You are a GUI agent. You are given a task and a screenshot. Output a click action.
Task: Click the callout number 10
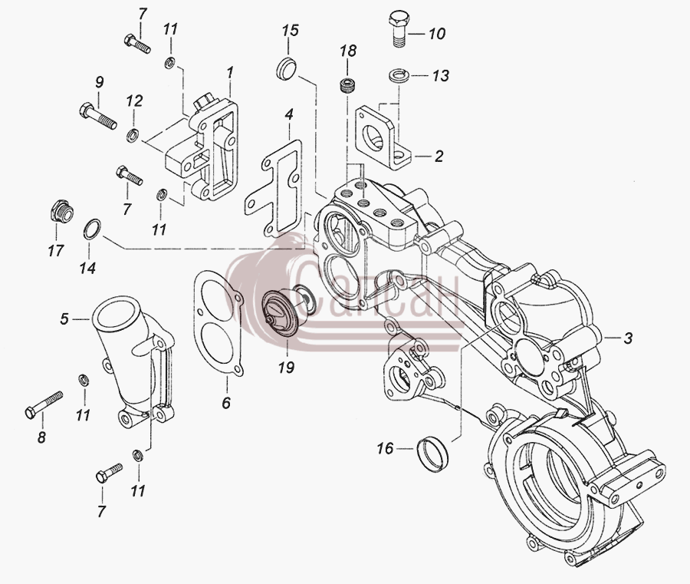point(437,34)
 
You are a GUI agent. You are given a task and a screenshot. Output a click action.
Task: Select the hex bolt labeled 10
point(399,28)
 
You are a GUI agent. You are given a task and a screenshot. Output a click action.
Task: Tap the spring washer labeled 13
point(399,75)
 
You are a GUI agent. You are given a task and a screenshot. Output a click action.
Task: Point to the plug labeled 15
point(287,69)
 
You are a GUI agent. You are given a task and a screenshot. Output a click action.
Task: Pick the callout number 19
point(286,367)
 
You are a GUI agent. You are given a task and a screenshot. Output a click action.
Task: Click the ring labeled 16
point(432,454)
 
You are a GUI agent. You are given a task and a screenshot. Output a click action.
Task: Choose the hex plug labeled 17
point(61,212)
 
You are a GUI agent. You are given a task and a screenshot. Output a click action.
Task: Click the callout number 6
point(226,403)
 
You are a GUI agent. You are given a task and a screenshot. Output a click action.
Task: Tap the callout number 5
point(64,319)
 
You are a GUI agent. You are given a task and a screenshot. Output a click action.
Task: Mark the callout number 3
point(628,338)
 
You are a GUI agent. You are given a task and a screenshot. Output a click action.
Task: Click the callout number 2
point(439,156)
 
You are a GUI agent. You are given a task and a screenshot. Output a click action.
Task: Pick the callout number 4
point(289,115)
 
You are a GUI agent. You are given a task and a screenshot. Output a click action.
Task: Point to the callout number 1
point(230,73)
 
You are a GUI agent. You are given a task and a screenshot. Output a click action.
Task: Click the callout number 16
point(385,449)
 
